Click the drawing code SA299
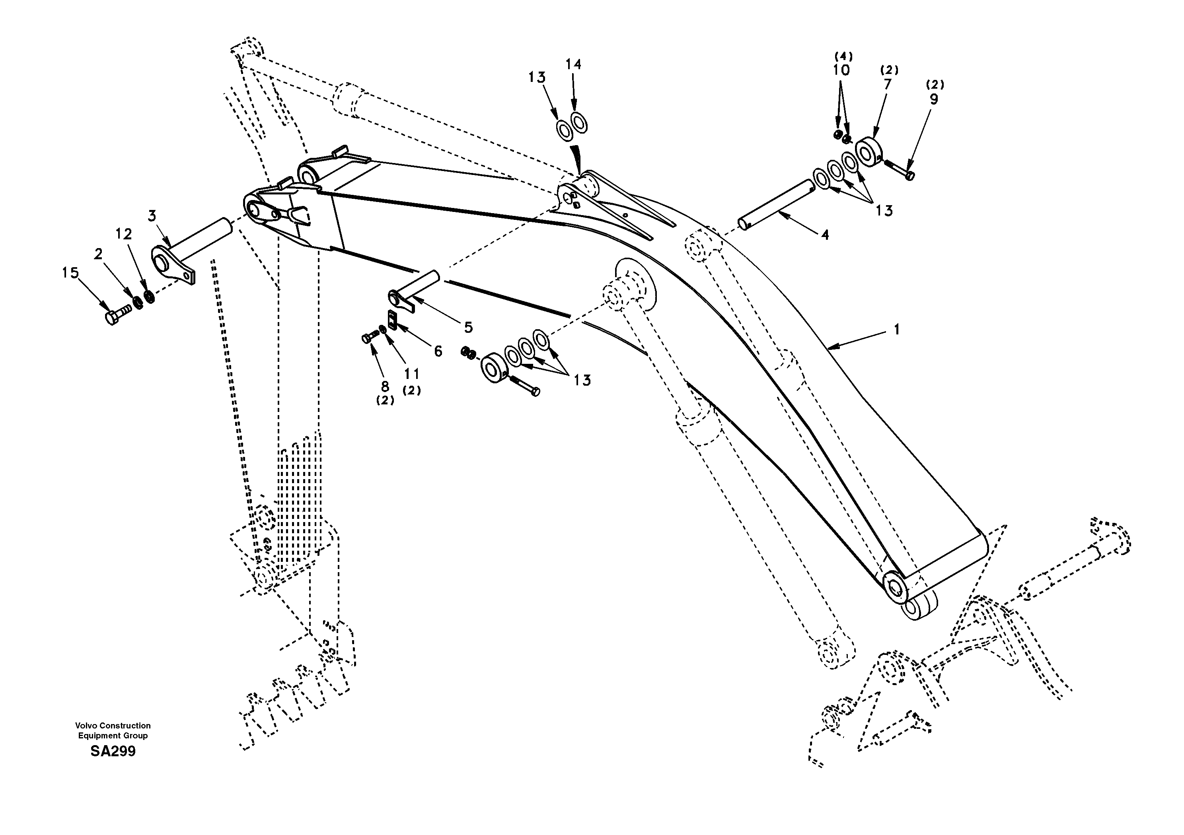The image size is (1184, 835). point(113,751)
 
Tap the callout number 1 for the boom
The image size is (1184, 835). point(897,329)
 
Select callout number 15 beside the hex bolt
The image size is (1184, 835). point(71,273)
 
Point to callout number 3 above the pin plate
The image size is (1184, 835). point(152,216)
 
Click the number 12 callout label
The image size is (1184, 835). point(124,234)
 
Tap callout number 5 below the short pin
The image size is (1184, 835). point(468,327)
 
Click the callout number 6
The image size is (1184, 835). point(438,351)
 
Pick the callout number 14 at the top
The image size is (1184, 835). point(573,64)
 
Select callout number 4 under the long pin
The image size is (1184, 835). point(825,235)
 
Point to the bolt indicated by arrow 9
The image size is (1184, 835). point(900,170)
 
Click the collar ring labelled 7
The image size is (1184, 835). point(870,152)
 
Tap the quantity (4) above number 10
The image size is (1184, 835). point(844,56)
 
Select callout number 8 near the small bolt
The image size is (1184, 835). point(385,386)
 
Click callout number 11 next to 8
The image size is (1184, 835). point(411,374)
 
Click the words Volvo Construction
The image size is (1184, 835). point(113,725)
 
